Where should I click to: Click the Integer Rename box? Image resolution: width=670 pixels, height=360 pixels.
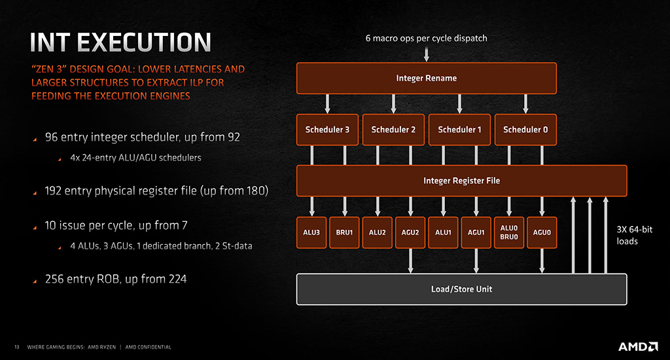coord(427,79)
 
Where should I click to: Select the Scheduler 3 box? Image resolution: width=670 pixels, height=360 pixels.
coord(327,130)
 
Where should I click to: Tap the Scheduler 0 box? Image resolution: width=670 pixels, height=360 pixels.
coord(525,130)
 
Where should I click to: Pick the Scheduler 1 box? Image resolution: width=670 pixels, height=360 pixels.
coord(459,130)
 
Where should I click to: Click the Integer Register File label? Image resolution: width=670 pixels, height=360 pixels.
coord(461,181)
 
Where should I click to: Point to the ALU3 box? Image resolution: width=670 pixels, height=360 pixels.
coord(311,232)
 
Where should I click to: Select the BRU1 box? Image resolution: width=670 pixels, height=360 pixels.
coord(344,232)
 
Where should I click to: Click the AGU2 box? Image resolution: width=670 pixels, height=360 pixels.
coord(410,232)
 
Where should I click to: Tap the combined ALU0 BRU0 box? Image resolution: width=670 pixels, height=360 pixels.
coord(509,232)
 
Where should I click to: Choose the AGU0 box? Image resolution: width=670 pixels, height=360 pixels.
coord(542,232)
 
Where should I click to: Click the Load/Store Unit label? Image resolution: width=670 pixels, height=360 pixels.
coord(461,289)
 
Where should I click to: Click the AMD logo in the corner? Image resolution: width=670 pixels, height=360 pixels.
coord(638,346)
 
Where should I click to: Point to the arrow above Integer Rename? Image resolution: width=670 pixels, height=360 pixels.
coord(427,54)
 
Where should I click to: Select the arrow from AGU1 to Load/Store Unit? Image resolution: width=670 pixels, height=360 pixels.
coord(476,261)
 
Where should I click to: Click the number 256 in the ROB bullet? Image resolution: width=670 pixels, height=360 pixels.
coord(54,279)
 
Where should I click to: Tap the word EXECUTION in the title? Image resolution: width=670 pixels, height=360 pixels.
coord(144,43)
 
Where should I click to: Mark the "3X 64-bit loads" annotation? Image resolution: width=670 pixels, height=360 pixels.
coord(634,235)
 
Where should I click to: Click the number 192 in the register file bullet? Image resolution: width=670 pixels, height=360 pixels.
coord(53,190)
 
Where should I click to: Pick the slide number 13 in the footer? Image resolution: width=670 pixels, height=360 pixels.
coord(16,347)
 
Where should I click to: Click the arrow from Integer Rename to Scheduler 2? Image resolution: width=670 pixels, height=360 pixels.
coord(393,104)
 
